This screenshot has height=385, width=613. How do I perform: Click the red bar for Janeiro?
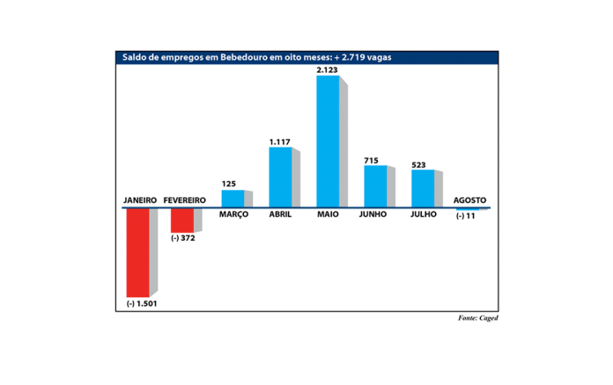[137, 252]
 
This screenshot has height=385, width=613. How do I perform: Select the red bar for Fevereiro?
[181, 221]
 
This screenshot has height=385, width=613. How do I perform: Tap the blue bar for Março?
[233, 199]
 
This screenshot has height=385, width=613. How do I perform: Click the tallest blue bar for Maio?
[328, 142]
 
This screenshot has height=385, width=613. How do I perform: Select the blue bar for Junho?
[375, 185]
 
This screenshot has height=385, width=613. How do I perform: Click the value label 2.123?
[329, 69]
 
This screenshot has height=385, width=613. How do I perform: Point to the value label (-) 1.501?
[141, 304]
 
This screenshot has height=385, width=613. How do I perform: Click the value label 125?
[230, 183]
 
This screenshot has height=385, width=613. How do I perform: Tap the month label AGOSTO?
[469, 200]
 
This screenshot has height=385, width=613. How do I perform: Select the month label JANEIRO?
[139, 200]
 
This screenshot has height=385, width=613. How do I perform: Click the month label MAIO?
[327, 214]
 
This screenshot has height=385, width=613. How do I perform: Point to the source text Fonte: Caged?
[477, 317]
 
